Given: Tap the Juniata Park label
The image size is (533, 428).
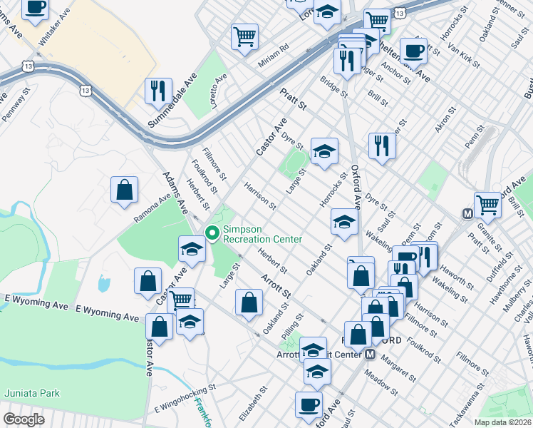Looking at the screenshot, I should (32, 392).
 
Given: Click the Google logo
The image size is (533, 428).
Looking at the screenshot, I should (24, 419).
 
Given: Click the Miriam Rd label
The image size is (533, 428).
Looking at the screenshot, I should (274, 56).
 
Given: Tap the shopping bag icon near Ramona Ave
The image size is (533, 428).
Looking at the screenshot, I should (124, 190).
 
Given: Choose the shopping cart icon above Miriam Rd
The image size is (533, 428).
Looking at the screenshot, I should (244, 35).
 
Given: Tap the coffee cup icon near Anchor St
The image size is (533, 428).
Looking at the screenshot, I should (413, 51).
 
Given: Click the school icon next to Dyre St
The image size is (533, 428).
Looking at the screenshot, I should (324, 151).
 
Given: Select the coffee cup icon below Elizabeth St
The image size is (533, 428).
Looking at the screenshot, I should (309, 404).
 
